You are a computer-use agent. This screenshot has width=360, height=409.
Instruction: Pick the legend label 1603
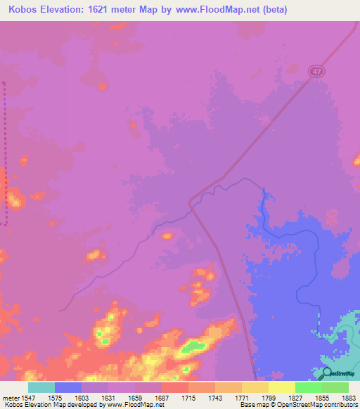click(82, 396)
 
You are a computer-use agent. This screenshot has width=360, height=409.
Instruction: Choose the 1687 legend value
click(161, 396)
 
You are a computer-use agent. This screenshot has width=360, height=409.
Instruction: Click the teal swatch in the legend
click(41, 387)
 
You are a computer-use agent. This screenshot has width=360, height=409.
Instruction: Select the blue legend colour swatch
click(68, 387)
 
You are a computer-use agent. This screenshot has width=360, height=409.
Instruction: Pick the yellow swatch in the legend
click(282, 387)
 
